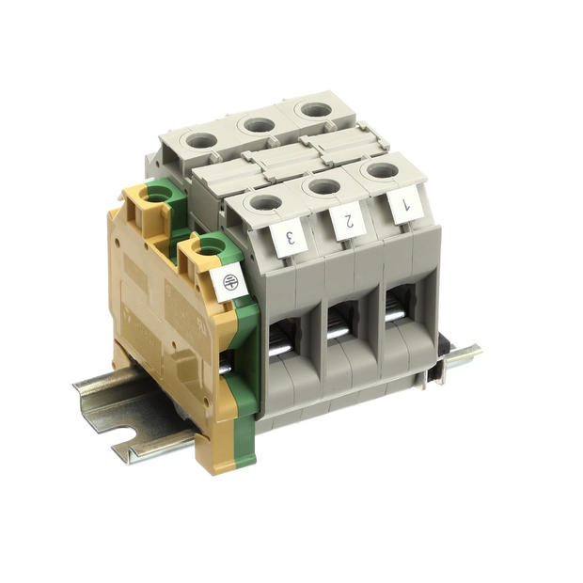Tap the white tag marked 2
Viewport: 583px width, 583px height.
tap(347, 221)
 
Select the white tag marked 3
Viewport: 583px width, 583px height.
tap(291, 236)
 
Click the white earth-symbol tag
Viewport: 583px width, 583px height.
tap(229, 282)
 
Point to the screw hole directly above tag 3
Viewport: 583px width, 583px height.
tap(265, 201)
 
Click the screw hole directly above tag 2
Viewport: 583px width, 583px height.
tap(323, 186)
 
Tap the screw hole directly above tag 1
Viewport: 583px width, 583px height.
tap(381, 171)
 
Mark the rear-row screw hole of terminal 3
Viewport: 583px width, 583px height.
tap(200, 142)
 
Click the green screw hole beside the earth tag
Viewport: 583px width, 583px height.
tap(212, 247)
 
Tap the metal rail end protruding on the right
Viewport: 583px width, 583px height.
tap(463, 355)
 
